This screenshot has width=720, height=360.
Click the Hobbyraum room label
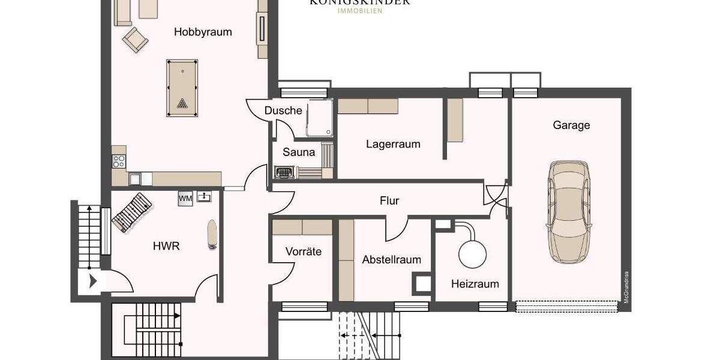[203, 32]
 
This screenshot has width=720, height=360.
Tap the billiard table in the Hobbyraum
[182, 88]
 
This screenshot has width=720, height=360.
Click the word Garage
[571, 125]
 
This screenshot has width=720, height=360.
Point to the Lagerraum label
[393, 144]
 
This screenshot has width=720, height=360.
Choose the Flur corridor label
[389, 201]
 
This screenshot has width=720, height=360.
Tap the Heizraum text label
[475, 284]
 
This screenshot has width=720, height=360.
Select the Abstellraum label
[391, 260]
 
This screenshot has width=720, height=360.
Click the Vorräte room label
[303, 251]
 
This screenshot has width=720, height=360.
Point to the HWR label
[166, 245]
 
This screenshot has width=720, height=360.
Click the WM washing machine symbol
[184, 198]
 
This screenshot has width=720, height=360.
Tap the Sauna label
[299, 152]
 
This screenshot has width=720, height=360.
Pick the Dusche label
[283, 111]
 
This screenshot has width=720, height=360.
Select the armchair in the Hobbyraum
[135, 40]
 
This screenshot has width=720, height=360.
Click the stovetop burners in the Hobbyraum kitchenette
[119, 161]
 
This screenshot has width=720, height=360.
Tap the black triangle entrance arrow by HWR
[92, 281]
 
